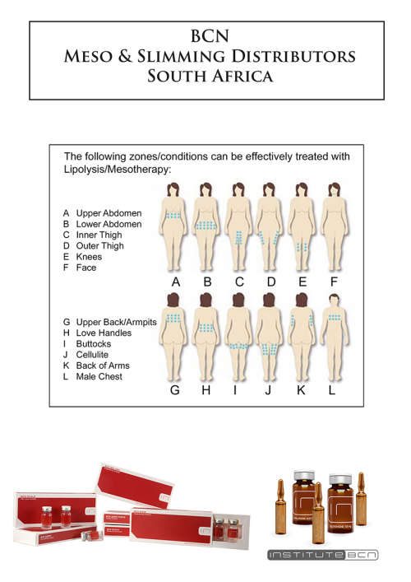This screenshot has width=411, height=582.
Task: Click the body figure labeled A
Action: tap(174, 226)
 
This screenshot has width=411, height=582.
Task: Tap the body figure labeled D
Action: tap(270, 226)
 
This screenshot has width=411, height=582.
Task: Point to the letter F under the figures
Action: tap(333, 282)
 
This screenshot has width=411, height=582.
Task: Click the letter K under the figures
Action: tap(301, 390)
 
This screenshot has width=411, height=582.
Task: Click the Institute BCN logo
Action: tap(322, 556)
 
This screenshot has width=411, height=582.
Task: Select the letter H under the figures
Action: tap(205, 390)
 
